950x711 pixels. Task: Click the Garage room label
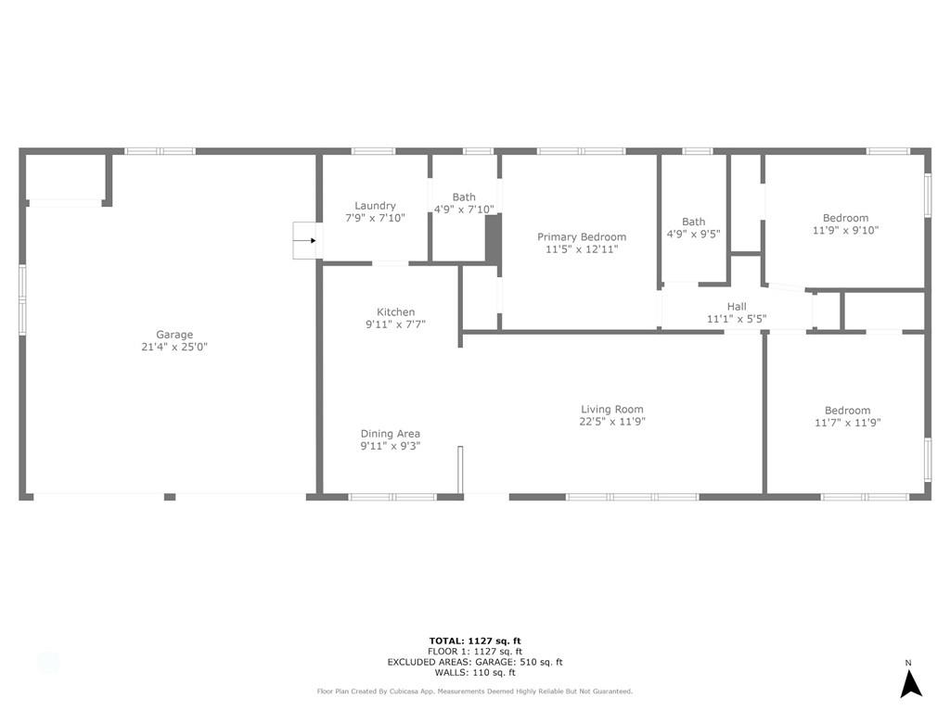174,335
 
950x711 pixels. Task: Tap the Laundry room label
375,206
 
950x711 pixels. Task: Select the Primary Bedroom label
582,237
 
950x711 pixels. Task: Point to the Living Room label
611,409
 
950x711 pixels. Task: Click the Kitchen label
395,311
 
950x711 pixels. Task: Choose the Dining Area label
390,433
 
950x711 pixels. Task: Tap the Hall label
736,307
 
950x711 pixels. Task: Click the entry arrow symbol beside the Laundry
305,241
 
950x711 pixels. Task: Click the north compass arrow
911,683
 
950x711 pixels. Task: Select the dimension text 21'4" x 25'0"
174,347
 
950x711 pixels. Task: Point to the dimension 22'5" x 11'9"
611,421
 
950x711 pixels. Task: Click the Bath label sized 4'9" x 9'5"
693,222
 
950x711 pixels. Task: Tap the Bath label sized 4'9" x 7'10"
464,197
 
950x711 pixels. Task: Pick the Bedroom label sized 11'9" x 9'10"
845,218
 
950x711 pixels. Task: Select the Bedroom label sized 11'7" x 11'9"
847,411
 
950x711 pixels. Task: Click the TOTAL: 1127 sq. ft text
475,641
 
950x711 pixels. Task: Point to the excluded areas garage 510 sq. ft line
475,662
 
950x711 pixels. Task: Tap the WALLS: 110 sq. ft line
475,672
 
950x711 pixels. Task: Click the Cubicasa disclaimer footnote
475,692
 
